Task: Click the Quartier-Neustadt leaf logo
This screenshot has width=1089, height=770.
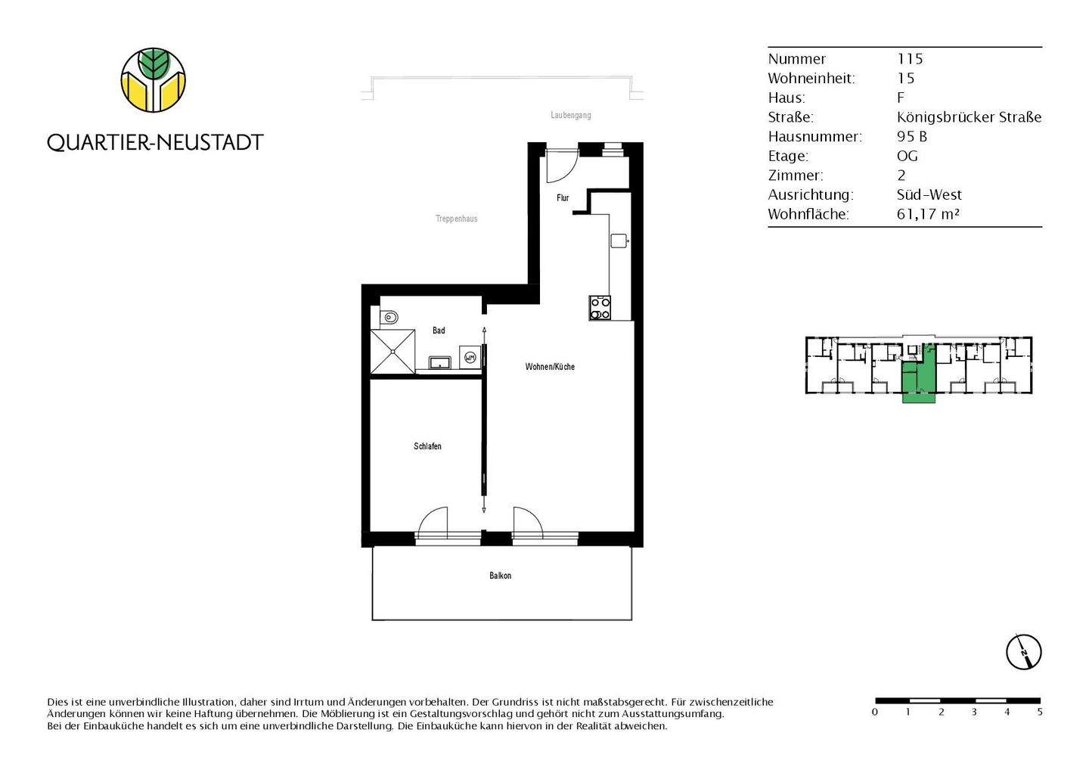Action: click(x=154, y=80)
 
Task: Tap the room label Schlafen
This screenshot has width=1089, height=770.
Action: click(x=427, y=446)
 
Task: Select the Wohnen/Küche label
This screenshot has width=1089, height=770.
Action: click(x=550, y=367)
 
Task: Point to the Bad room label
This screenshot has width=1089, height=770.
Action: click(x=439, y=331)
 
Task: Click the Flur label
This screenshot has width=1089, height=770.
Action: click(x=563, y=198)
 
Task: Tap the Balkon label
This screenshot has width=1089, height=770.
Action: click(x=500, y=576)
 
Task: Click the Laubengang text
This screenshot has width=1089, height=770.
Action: click(x=571, y=116)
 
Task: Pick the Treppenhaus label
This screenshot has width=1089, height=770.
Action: click(x=456, y=219)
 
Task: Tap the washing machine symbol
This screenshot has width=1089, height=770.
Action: click(x=470, y=357)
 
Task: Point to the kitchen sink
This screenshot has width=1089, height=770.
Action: click(x=619, y=241)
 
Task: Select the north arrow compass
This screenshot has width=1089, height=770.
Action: click(x=1024, y=651)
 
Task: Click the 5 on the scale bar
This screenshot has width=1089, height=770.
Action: click(x=1040, y=712)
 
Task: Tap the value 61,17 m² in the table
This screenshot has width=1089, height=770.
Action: click(x=928, y=214)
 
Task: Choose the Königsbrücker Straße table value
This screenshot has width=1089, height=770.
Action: click(x=969, y=117)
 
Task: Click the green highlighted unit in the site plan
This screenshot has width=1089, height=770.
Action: click(x=919, y=378)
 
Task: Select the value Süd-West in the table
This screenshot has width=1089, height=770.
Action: click(x=929, y=195)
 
